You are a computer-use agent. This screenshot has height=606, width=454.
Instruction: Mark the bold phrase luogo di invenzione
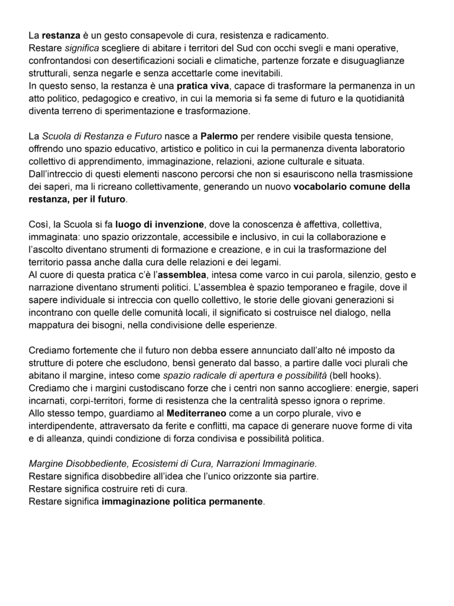click(160, 225)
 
